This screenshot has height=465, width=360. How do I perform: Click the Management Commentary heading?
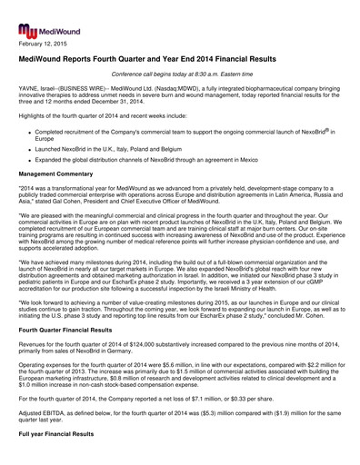63,182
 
